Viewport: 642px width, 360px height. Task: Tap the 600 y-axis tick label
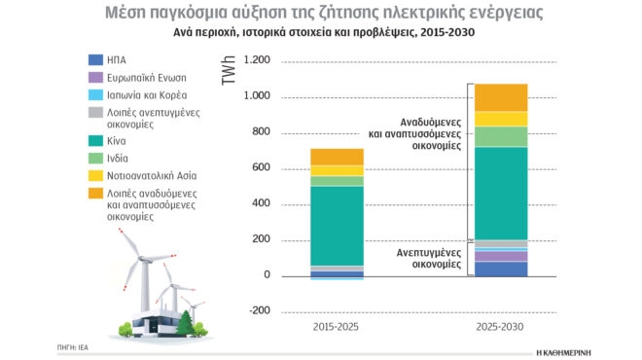(259, 168)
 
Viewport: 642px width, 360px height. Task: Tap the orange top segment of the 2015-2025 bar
(337, 157)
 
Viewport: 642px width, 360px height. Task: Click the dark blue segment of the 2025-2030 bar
(500, 269)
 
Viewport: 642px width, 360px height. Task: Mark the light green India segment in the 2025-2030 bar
(500, 136)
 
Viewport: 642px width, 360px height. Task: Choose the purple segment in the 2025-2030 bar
(500, 256)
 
